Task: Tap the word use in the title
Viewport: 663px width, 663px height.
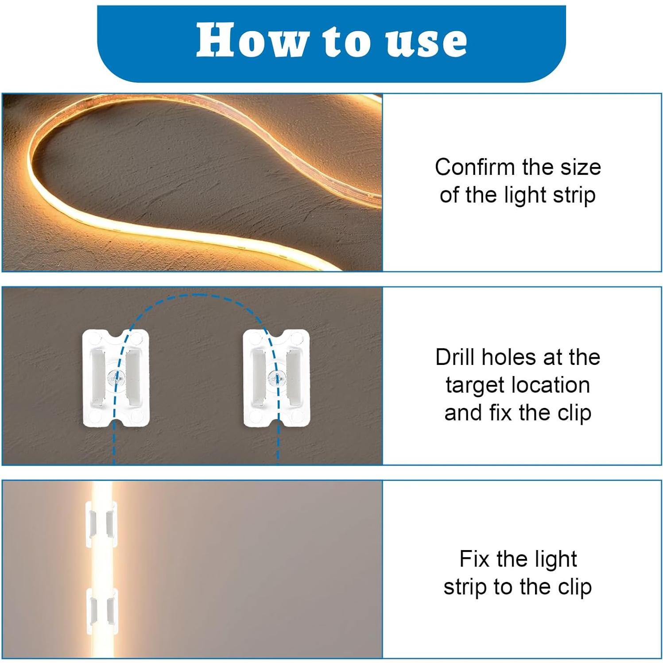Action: [x=426, y=41]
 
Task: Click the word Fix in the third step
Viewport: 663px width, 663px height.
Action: [x=474, y=559]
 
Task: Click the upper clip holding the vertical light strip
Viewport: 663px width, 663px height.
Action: [x=101, y=524]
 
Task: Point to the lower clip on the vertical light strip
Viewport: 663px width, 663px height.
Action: [x=101, y=610]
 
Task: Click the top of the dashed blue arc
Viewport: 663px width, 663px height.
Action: [x=196, y=295]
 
